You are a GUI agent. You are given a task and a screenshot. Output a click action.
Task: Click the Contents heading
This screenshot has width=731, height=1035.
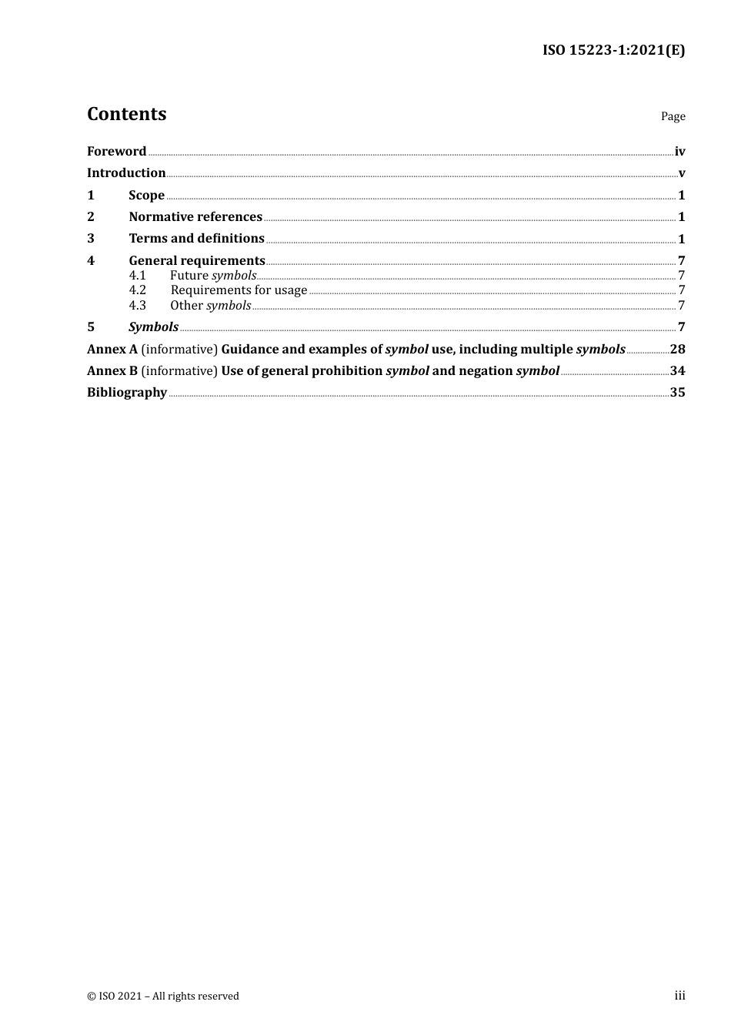126,114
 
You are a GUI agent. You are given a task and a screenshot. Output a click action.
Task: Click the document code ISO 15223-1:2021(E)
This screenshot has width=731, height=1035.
613,50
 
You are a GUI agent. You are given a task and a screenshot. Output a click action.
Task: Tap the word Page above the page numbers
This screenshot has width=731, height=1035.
673,116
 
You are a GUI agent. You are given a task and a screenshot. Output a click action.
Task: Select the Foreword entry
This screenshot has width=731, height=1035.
116,151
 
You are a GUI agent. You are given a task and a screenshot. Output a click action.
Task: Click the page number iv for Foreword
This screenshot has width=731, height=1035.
679,152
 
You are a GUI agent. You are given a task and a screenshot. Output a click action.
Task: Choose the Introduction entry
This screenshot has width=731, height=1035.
126,172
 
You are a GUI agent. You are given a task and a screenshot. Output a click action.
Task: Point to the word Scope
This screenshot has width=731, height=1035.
146,195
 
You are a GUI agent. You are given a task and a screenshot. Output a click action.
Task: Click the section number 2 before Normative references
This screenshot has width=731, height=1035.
91,216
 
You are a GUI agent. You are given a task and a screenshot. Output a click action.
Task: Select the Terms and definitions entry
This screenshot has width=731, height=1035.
196,238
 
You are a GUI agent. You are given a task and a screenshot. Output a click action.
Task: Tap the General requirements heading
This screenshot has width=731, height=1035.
196,260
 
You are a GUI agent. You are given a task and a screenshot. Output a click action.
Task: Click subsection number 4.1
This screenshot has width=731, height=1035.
137,275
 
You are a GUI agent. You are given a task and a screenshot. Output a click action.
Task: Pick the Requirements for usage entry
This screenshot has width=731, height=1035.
239,290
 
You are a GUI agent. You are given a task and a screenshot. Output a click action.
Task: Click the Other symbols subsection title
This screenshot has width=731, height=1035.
210,305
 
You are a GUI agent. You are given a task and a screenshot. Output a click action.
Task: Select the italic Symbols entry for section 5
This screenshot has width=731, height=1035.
153,327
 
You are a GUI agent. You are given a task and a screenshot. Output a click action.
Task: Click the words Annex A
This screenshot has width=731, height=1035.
112,349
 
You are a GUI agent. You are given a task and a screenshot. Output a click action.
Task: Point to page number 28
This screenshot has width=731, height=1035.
677,349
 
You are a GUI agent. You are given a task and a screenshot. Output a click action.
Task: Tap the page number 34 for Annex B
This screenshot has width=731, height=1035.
677,370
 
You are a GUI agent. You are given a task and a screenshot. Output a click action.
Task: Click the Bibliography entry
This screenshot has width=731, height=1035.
127,392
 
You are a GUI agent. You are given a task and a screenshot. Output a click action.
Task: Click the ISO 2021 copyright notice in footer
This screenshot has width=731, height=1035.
163,996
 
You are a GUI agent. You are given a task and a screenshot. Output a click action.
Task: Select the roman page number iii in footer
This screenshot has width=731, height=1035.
679,995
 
